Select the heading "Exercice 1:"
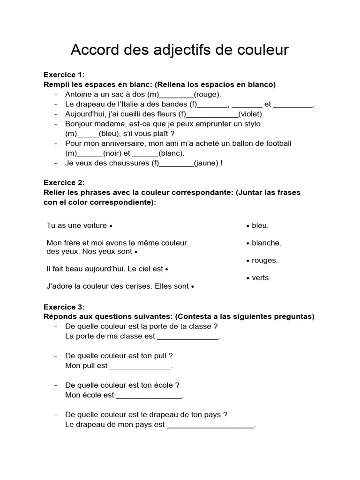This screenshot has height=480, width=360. click(64, 75)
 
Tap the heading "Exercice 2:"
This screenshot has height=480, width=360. click(64, 182)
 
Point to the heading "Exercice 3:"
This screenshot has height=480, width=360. click(64, 307)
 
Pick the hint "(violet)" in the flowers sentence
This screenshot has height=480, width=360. click(251, 114)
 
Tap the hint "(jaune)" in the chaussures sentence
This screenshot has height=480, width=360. click(206, 163)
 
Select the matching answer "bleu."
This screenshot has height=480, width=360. click(260, 225)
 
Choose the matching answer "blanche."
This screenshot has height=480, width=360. click(266, 243)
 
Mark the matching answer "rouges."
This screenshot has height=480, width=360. click(264, 260)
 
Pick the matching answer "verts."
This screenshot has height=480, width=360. click(261, 277)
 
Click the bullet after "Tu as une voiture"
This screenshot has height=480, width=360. click(111, 226)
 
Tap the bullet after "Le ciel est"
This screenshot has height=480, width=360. click(167, 270)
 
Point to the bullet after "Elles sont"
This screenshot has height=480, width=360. click(193, 286)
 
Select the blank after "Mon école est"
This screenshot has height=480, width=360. click(149, 396)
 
